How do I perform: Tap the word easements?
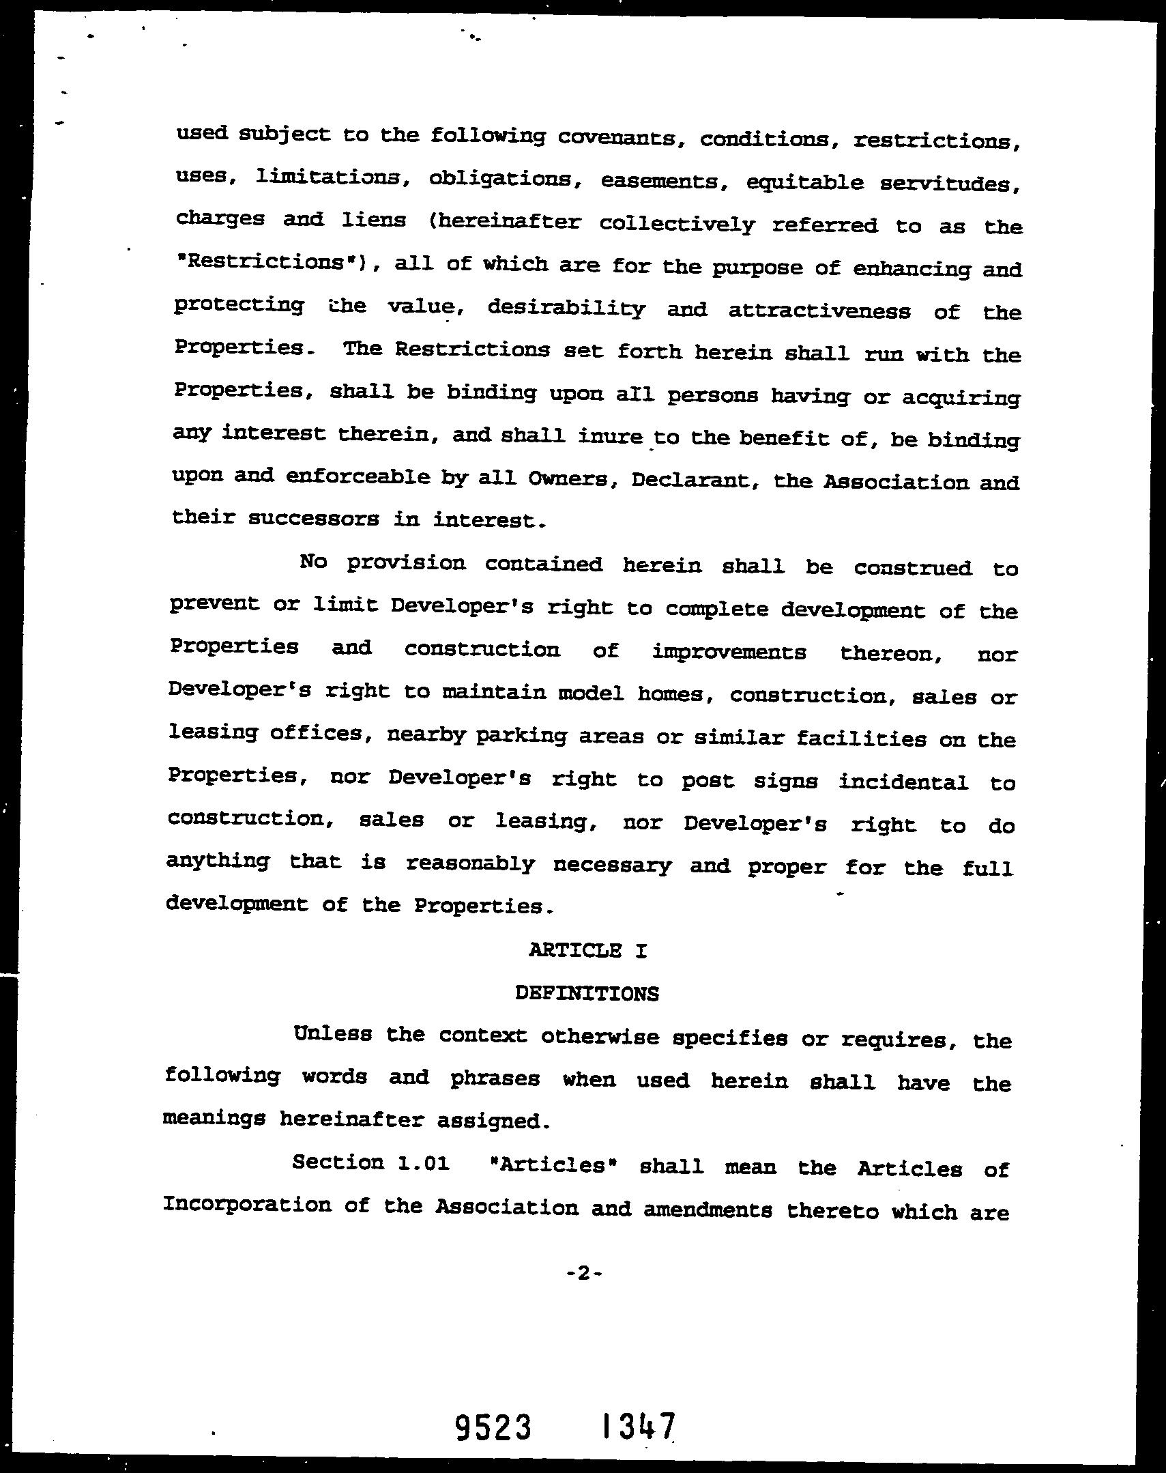pyautogui.click(x=660, y=181)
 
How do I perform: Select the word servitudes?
pyautogui.click(x=950, y=184)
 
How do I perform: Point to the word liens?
pyautogui.click(x=373, y=220)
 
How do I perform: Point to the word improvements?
pyautogui.click(x=729, y=652)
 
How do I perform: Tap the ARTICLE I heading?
pyautogui.click(x=587, y=950)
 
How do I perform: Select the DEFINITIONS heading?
pyautogui.click(x=587, y=994)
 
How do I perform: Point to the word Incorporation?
pyautogui.click(x=246, y=1205)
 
